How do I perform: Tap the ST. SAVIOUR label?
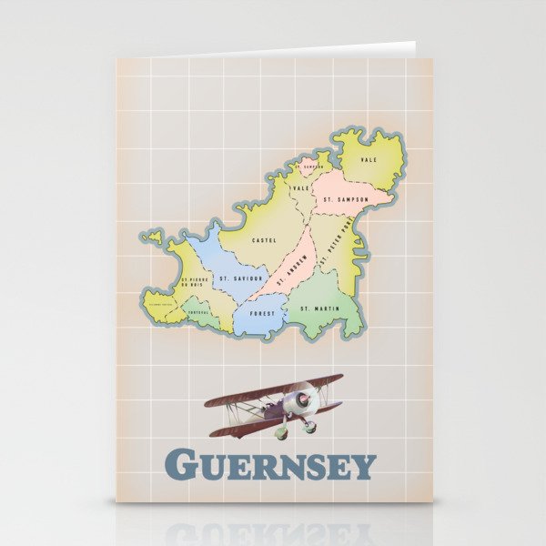click(240, 278)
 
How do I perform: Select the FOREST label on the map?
click(262, 313)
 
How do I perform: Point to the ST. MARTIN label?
click(319, 309)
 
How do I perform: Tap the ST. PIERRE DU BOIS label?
click(195, 282)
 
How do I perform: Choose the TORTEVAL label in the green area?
click(198, 312)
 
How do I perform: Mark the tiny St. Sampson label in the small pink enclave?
click(310, 167)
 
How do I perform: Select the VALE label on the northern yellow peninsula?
click(369, 159)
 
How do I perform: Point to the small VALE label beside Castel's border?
click(301, 187)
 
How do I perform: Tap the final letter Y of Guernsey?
click(363, 466)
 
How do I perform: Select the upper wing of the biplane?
click(274, 390)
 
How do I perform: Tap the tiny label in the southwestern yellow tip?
click(160, 305)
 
